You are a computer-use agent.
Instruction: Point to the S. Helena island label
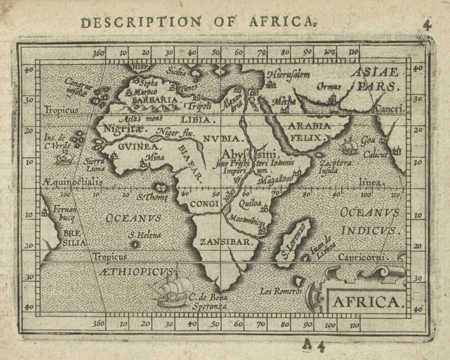(144, 235)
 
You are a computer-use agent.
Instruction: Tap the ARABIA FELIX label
(310, 131)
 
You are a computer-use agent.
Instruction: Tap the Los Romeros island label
(281, 292)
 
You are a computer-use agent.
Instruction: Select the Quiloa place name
(250, 203)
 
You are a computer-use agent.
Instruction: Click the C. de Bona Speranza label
(208, 301)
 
